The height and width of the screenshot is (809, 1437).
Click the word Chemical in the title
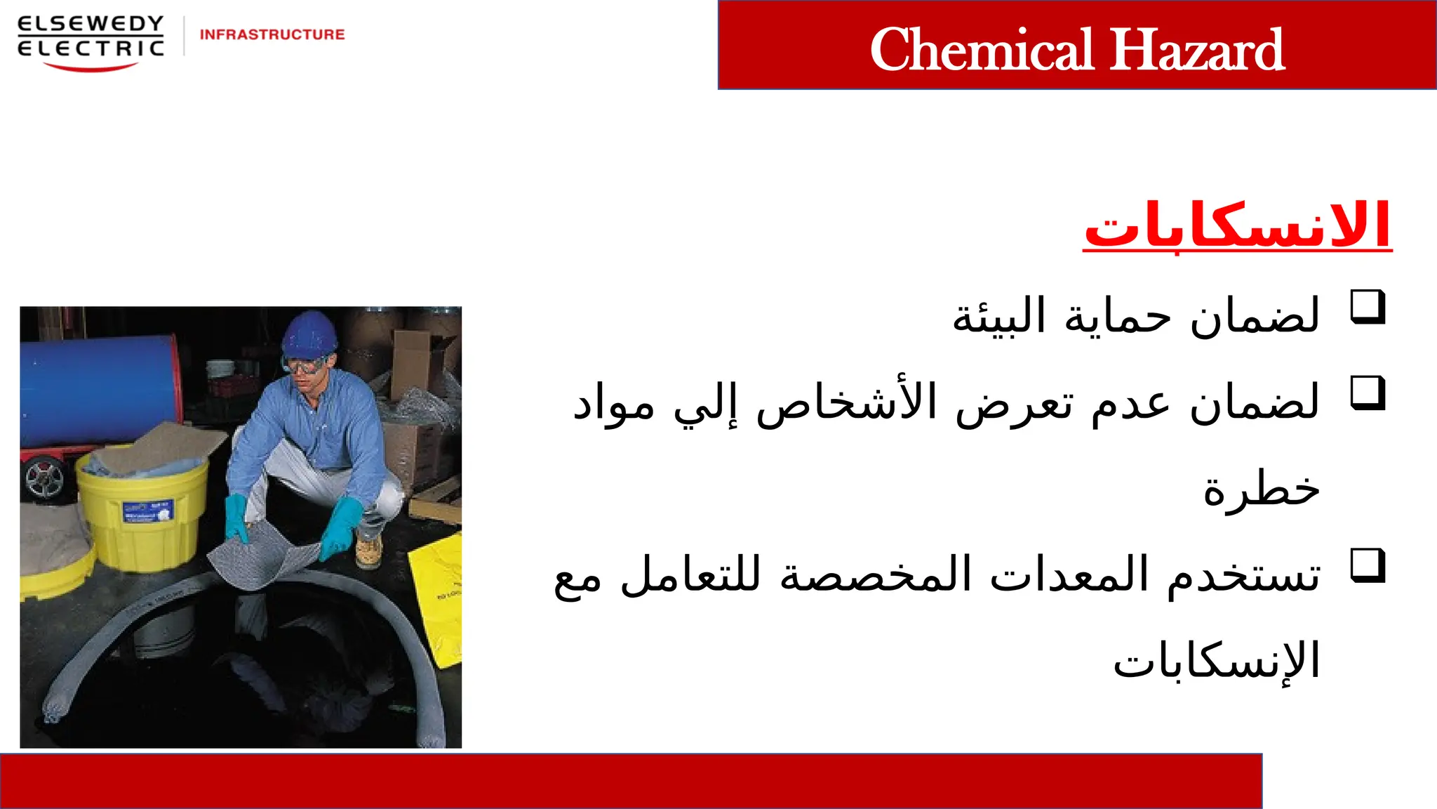coord(982,49)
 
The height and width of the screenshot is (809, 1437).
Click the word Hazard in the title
coord(1197,49)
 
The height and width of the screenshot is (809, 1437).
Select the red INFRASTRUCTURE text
coord(272,34)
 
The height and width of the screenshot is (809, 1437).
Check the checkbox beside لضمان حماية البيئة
coord(1368,307)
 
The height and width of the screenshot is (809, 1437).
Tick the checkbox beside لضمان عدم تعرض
coord(1368,393)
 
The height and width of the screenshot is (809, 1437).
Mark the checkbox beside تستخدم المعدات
coord(1368,566)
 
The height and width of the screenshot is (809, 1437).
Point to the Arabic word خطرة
coord(1262,489)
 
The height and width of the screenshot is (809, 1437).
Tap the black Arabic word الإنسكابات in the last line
coord(1217,662)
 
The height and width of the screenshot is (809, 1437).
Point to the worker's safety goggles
coord(305,365)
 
